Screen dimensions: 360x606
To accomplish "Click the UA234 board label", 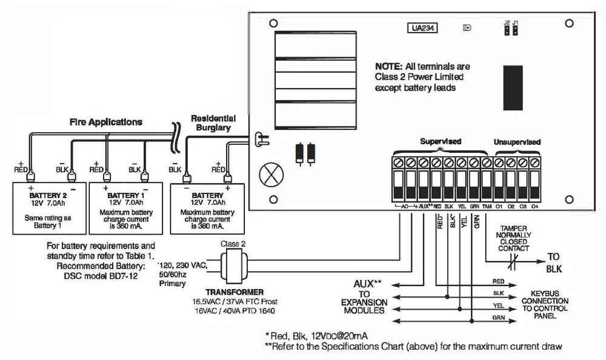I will coord(422,27).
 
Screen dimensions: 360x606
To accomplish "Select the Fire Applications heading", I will coord(105,122).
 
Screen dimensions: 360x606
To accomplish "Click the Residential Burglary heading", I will coord(212,123).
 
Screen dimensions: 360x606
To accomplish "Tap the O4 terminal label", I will coord(534,206).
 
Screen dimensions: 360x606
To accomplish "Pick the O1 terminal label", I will coord(498,206).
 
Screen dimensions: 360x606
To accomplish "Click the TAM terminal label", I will coord(486,206).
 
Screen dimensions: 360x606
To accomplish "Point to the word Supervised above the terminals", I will coord(441,141).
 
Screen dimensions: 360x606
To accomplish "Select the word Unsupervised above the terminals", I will coord(516,141).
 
